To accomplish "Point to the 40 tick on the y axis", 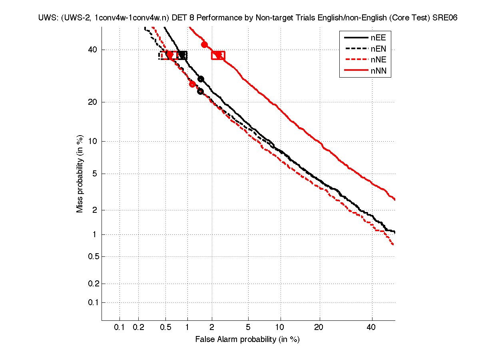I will click(93, 50).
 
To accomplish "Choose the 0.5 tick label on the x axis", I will click(165, 328).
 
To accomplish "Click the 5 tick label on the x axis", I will click(248, 328).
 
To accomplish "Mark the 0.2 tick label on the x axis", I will click(138, 328).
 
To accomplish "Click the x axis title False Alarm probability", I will click(247, 340).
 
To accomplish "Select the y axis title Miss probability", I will click(80, 174).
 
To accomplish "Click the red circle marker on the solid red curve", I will click(204, 44).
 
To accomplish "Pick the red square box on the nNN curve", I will click(218, 56).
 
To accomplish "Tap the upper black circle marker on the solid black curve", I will click(201, 79).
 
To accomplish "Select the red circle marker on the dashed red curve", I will click(192, 84).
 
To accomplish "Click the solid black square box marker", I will click(183, 55).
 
